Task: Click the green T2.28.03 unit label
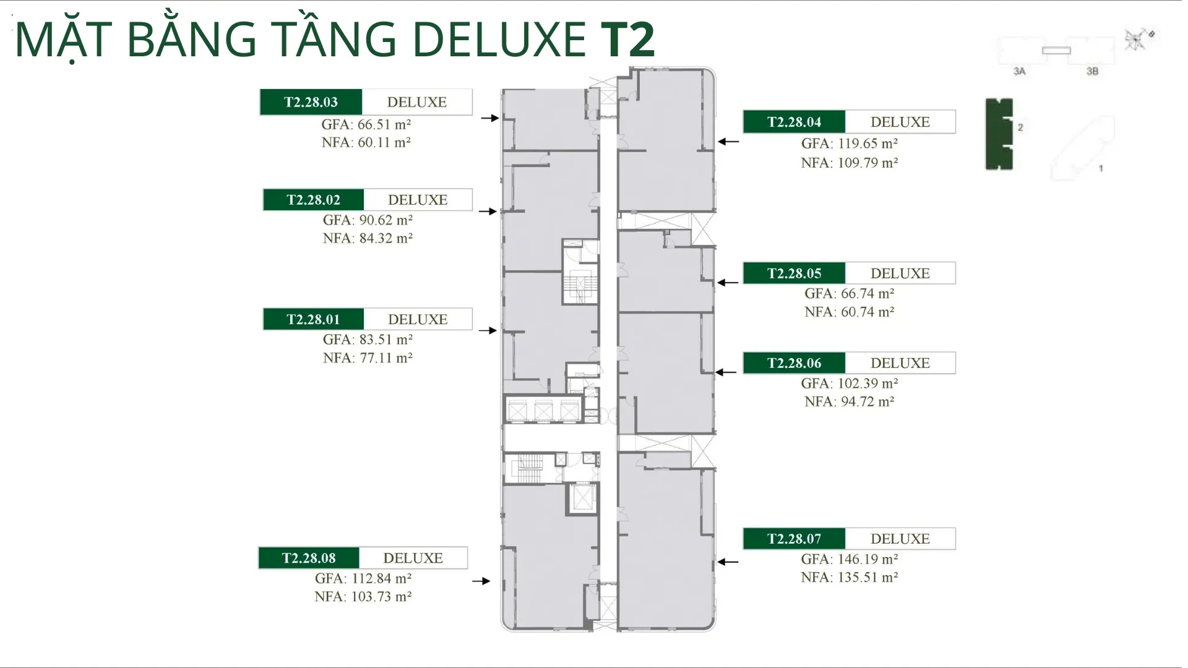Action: pos(311,102)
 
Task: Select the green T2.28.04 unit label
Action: pos(794,122)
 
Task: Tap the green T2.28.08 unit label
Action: pos(309,558)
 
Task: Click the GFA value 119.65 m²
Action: pos(867,143)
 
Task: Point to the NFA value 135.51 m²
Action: pos(867,577)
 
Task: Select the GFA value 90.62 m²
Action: pos(385,220)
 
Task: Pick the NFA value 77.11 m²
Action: pos(386,358)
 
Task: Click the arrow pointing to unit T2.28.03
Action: pos(490,118)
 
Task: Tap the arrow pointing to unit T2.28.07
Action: pos(728,562)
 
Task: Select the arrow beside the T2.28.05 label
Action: pos(728,283)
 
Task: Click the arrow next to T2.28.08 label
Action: pos(481,581)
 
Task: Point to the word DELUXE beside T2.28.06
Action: pos(900,363)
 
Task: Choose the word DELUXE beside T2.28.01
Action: pos(418,319)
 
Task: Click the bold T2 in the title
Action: pos(627,40)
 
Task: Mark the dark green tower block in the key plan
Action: pos(999,134)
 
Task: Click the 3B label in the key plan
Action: pos(1092,71)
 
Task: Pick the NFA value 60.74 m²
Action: pos(867,312)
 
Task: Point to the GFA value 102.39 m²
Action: pos(867,383)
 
